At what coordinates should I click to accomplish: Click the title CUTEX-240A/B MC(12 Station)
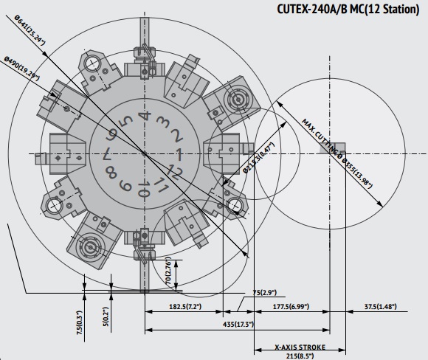point(348,10)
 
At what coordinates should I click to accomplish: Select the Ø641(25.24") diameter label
point(30,30)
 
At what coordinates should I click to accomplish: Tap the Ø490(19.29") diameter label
point(21,68)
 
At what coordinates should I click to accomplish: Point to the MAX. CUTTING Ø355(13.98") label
point(336,153)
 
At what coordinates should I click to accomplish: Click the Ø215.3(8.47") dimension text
point(258,158)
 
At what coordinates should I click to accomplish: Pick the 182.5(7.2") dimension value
point(185,306)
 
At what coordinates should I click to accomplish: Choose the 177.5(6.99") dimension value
point(291,306)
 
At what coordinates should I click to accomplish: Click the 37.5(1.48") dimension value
point(380,306)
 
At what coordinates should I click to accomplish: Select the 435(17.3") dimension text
point(238,325)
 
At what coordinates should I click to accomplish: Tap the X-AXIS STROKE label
point(300,347)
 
